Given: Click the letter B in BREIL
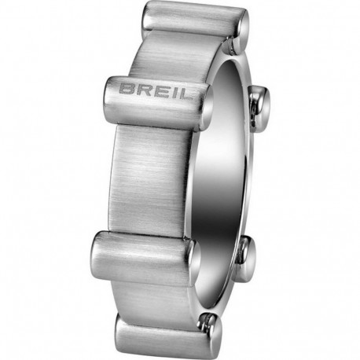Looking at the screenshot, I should click(127, 86).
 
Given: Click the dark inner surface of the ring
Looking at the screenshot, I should click(228, 173).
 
